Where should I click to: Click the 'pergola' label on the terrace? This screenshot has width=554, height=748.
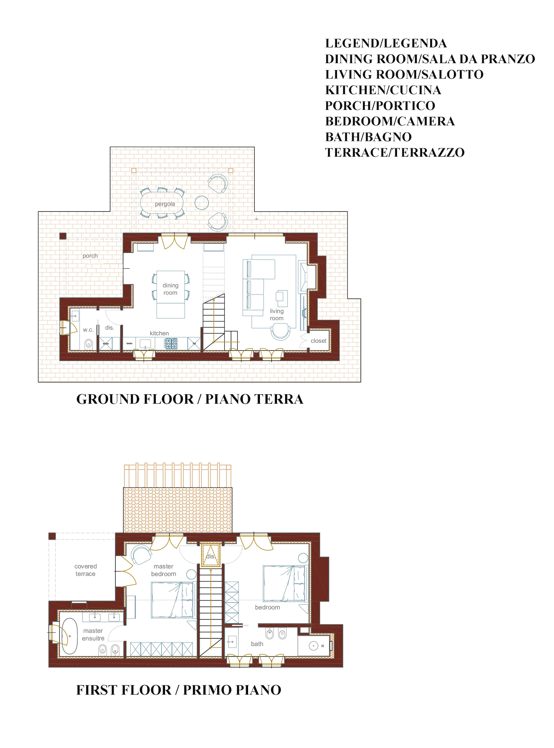pos(165,204)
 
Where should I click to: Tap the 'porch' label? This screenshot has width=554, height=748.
pos(90,256)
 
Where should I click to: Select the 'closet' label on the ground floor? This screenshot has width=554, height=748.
pos(319,341)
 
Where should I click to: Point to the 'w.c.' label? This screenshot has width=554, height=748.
pos(88,330)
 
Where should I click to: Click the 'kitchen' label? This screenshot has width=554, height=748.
pos(159,333)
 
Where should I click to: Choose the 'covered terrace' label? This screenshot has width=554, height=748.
pos(85,570)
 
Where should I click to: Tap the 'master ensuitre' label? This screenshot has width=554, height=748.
pos(93,635)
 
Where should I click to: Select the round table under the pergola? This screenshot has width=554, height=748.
pos(202,202)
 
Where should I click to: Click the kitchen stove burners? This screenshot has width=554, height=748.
pos(171,343)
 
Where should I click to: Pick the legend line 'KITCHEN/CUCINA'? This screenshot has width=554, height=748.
pos(383,90)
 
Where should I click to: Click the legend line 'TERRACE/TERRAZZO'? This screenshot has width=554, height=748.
pos(395,152)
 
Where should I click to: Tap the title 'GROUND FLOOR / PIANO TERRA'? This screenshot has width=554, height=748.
pos(190,399)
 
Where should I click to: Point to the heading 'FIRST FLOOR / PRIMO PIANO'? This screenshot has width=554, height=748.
pos(179,690)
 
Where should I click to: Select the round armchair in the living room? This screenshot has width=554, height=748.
pos(280,332)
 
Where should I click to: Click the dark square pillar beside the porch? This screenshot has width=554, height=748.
pos(63,236)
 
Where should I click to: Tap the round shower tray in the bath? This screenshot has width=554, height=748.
pos(314,646)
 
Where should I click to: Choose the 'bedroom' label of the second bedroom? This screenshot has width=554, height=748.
pos(268,607)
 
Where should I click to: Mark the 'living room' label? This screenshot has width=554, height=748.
pos(277,315)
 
